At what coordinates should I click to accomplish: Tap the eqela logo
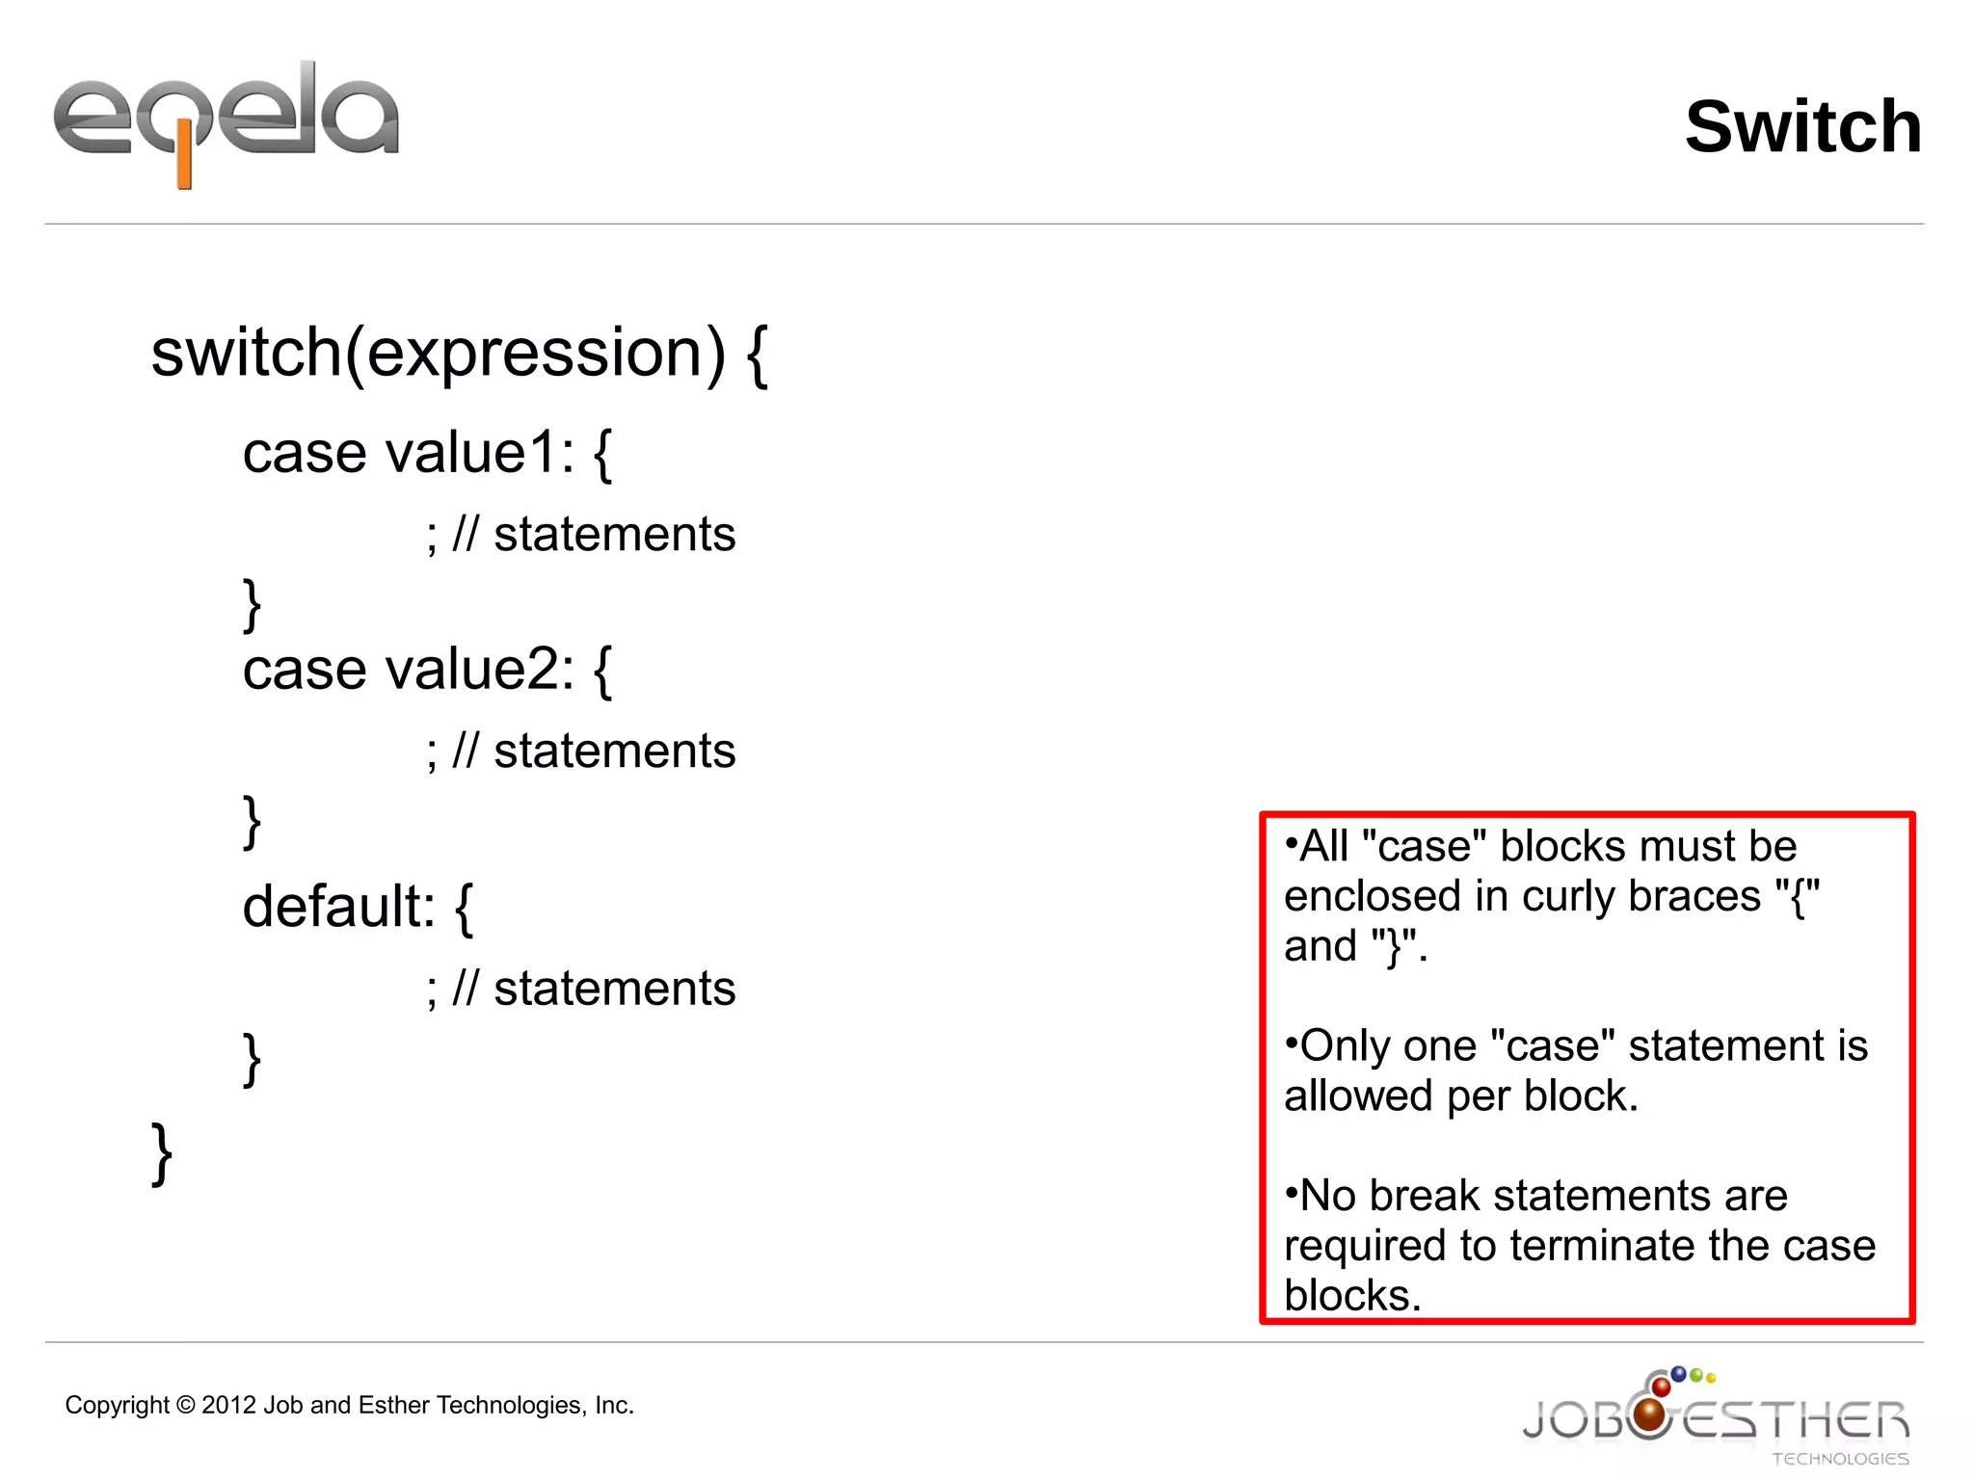tap(226, 120)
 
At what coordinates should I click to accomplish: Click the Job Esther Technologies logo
tap(1716, 1417)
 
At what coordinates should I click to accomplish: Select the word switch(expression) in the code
tap(438, 353)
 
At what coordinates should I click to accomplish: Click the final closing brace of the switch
tap(162, 1152)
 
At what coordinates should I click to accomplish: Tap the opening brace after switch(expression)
tap(758, 355)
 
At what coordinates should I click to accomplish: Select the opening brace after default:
tap(464, 908)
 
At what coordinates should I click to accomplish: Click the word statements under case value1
tap(614, 535)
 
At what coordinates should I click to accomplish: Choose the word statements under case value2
tap(614, 752)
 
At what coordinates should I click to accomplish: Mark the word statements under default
tap(614, 990)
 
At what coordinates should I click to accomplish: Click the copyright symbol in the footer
tap(186, 1406)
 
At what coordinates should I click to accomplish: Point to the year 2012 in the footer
tap(228, 1406)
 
